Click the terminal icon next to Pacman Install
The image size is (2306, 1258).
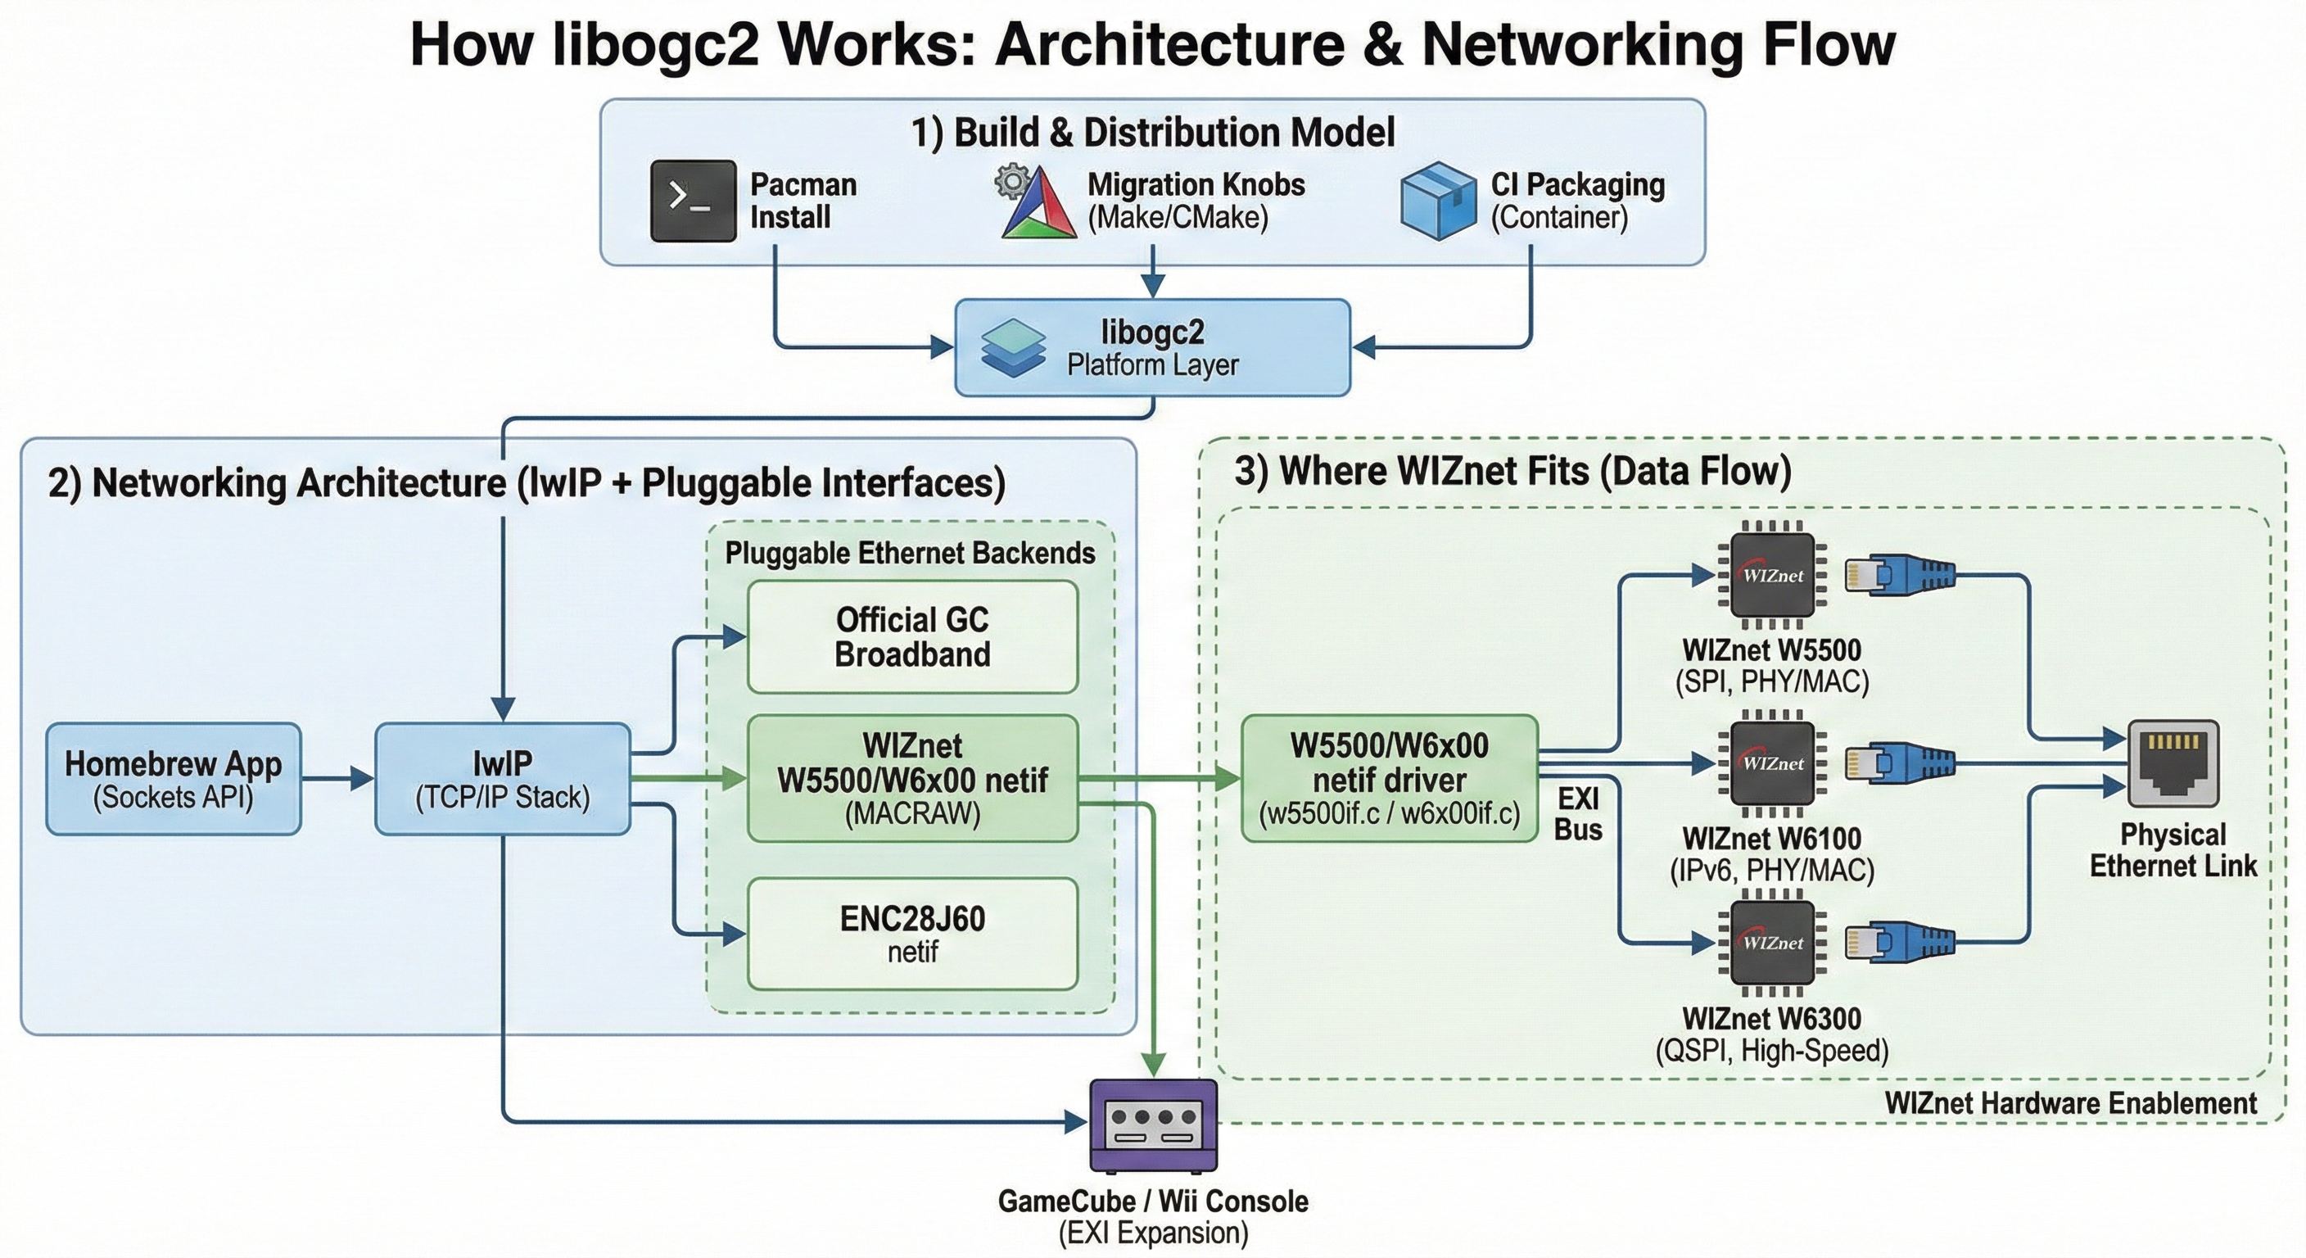coord(693,201)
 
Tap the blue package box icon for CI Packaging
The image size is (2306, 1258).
coord(1438,201)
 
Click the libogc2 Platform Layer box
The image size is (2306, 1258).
coord(1152,347)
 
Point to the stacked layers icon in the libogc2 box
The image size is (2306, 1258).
coord(1013,347)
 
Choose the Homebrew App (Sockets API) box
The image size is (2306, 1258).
coord(174,779)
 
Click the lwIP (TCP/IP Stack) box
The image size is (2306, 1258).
coord(502,779)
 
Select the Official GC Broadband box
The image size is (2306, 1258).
coord(912,636)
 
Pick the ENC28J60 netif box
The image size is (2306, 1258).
coord(912,934)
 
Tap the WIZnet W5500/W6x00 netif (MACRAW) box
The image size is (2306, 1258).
coord(912,779)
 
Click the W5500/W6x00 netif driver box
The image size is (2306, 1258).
coord(1390,779)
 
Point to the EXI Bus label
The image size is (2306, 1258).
coord(1578,813)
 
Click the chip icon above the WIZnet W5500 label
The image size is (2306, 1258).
coord(1772,575)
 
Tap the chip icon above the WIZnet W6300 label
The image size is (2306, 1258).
coord(1772,942)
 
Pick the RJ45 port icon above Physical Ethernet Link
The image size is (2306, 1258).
coord(2173,765)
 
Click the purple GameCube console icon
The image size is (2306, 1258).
coord(1153,1125)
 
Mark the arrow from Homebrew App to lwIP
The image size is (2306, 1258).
coord(337,779)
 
